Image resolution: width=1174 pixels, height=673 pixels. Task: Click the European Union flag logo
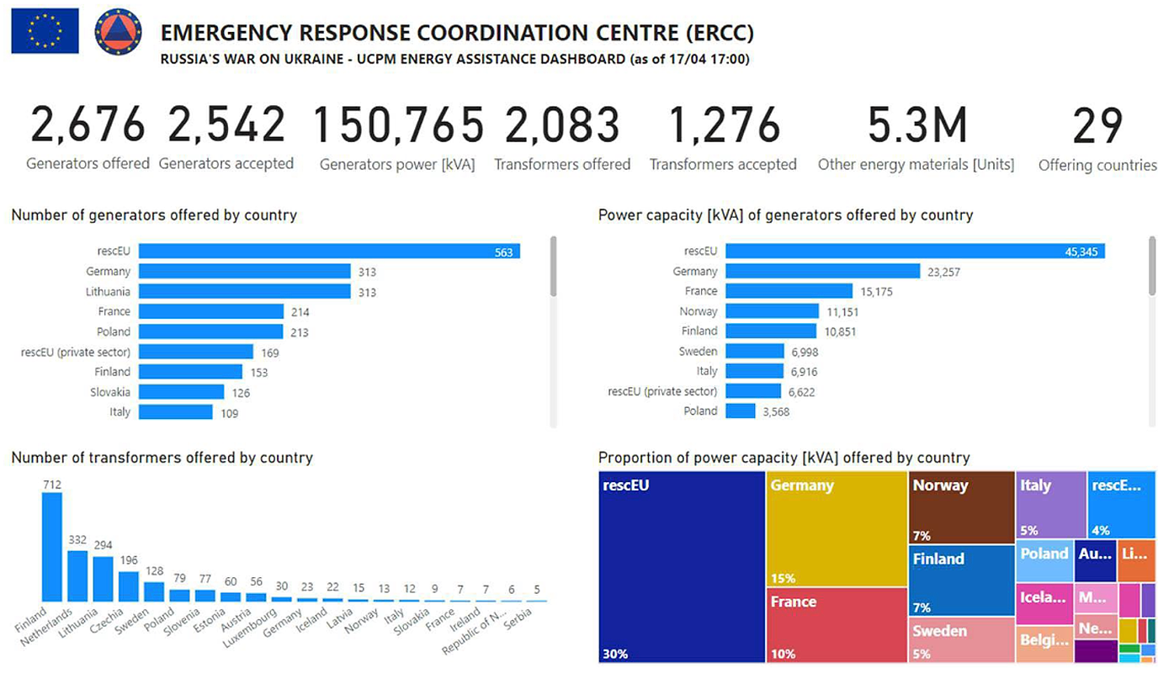tap(45, 31)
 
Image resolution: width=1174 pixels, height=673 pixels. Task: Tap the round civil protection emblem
tap(118, 32)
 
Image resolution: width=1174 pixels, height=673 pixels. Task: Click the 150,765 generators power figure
tap(398, 125)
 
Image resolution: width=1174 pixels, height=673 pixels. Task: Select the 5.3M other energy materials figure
tap(916, 125)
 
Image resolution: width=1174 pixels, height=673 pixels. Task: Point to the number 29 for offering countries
tap(1097, 125)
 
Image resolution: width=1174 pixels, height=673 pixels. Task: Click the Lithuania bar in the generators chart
tap(244, 292)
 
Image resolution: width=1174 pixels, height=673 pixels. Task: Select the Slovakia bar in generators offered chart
tap(181, 392)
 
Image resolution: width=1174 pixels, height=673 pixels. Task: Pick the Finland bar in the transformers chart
tap(52, 547)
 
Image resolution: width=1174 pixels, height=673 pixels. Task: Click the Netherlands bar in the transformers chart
tap(77, 575)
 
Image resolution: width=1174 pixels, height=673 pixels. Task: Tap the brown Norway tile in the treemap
tap(962, 506)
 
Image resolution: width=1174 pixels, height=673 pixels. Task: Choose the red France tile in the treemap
tap(837, 625)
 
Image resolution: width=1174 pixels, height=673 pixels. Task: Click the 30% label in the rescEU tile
tap(615, 654)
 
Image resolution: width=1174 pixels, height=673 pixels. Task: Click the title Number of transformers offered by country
tap(162, 458)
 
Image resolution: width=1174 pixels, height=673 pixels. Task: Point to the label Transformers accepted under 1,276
tap(723, 165)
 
